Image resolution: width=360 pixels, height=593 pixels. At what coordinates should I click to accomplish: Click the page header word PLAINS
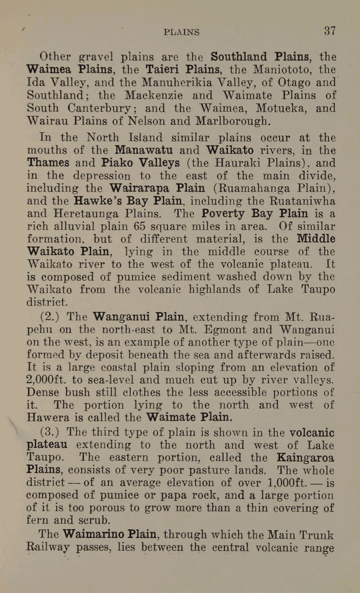pyautogui.click(x=182, y=32)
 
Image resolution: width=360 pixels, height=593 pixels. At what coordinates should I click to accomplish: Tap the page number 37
pyautogui.click(x=330, y=30)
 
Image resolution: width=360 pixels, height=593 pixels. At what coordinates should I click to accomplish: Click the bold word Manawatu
pyautogui.click(x=144, y=150)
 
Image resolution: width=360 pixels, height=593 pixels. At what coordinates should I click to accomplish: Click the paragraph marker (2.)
pyautogui.click(x=50, y=316)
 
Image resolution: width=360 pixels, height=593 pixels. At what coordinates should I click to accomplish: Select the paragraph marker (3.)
pyautogui.click(x=50, y=432)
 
